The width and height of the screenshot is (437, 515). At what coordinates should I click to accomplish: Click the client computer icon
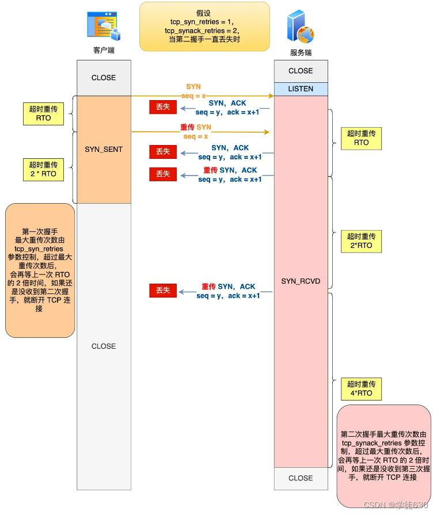(103, 26)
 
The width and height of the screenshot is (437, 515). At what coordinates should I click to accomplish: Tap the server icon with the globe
(300, 28)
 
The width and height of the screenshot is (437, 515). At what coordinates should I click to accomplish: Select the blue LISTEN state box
(301, 89)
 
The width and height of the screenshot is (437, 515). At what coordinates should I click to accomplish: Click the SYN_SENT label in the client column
(104, 149)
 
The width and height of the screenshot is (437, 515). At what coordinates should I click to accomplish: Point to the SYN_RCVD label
(301, 281)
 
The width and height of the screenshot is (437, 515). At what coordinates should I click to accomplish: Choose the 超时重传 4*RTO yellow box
(361, 388)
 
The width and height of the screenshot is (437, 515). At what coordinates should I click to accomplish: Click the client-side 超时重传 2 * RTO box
(43, 169)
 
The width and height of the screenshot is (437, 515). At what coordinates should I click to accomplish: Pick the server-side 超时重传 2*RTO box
(361, 241)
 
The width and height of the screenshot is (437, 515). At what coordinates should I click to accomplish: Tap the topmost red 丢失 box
(163, 107)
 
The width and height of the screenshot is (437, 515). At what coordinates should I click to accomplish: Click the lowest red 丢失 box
(163, 291)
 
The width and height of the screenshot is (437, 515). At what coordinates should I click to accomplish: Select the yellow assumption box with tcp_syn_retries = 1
(204, 26)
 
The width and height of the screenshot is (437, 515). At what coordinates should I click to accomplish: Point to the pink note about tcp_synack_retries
(383, 456)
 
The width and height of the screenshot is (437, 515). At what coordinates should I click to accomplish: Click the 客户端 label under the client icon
(104, 51)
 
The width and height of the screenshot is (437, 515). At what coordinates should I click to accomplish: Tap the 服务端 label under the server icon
(301, 52)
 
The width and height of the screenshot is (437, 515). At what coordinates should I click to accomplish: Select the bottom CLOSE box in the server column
(301, 478)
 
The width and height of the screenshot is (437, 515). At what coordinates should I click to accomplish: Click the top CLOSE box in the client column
(104, 78)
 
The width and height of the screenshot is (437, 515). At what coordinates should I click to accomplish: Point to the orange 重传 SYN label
(196, 127)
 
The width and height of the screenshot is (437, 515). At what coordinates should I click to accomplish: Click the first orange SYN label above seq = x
(193, 86)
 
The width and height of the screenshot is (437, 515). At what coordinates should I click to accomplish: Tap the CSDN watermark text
(396, 505)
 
